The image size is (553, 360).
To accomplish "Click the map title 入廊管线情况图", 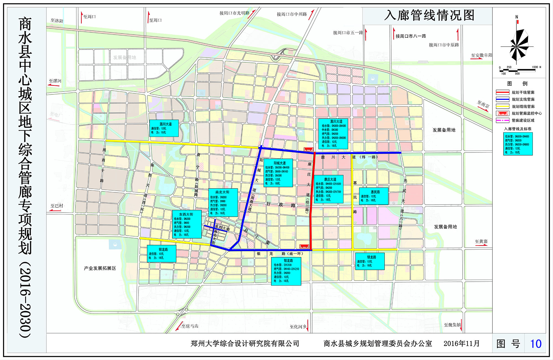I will click(x=429, y=15).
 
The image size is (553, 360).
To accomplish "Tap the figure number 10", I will click(x=536, y=344).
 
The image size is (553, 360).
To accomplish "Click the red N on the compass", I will click(x=517, y=17).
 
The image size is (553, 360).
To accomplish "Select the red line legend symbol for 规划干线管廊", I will click(x=502, y=92).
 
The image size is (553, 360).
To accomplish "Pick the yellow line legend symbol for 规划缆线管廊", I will click(x=502, y=106).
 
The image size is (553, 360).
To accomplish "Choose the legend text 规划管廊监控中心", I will click(x=526, y=113).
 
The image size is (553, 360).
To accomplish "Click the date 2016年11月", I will click(x=461, y=343).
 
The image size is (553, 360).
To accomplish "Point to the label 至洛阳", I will click(x=57, y=21).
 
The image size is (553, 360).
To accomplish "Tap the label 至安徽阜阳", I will click(x=481, y=55).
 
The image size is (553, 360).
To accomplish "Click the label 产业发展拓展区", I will click(x=100, y=268).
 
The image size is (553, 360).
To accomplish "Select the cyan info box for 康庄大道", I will click(x=328, y=189).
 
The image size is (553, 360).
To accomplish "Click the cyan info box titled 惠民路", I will click(x=374, y=196).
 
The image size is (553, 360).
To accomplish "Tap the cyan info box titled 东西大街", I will click(x=187, y=224).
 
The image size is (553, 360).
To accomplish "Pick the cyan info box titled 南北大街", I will click(x=223, y=203).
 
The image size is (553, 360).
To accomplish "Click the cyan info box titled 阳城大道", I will click(x=278, y=173).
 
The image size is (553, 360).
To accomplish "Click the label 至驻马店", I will click(x=190, y=326).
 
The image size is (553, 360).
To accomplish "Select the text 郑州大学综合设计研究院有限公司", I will click(x=245, y=343).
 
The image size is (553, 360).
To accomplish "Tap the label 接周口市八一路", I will click(x=411, y=36).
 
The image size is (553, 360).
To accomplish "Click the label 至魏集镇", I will click(x=452, y=325).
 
